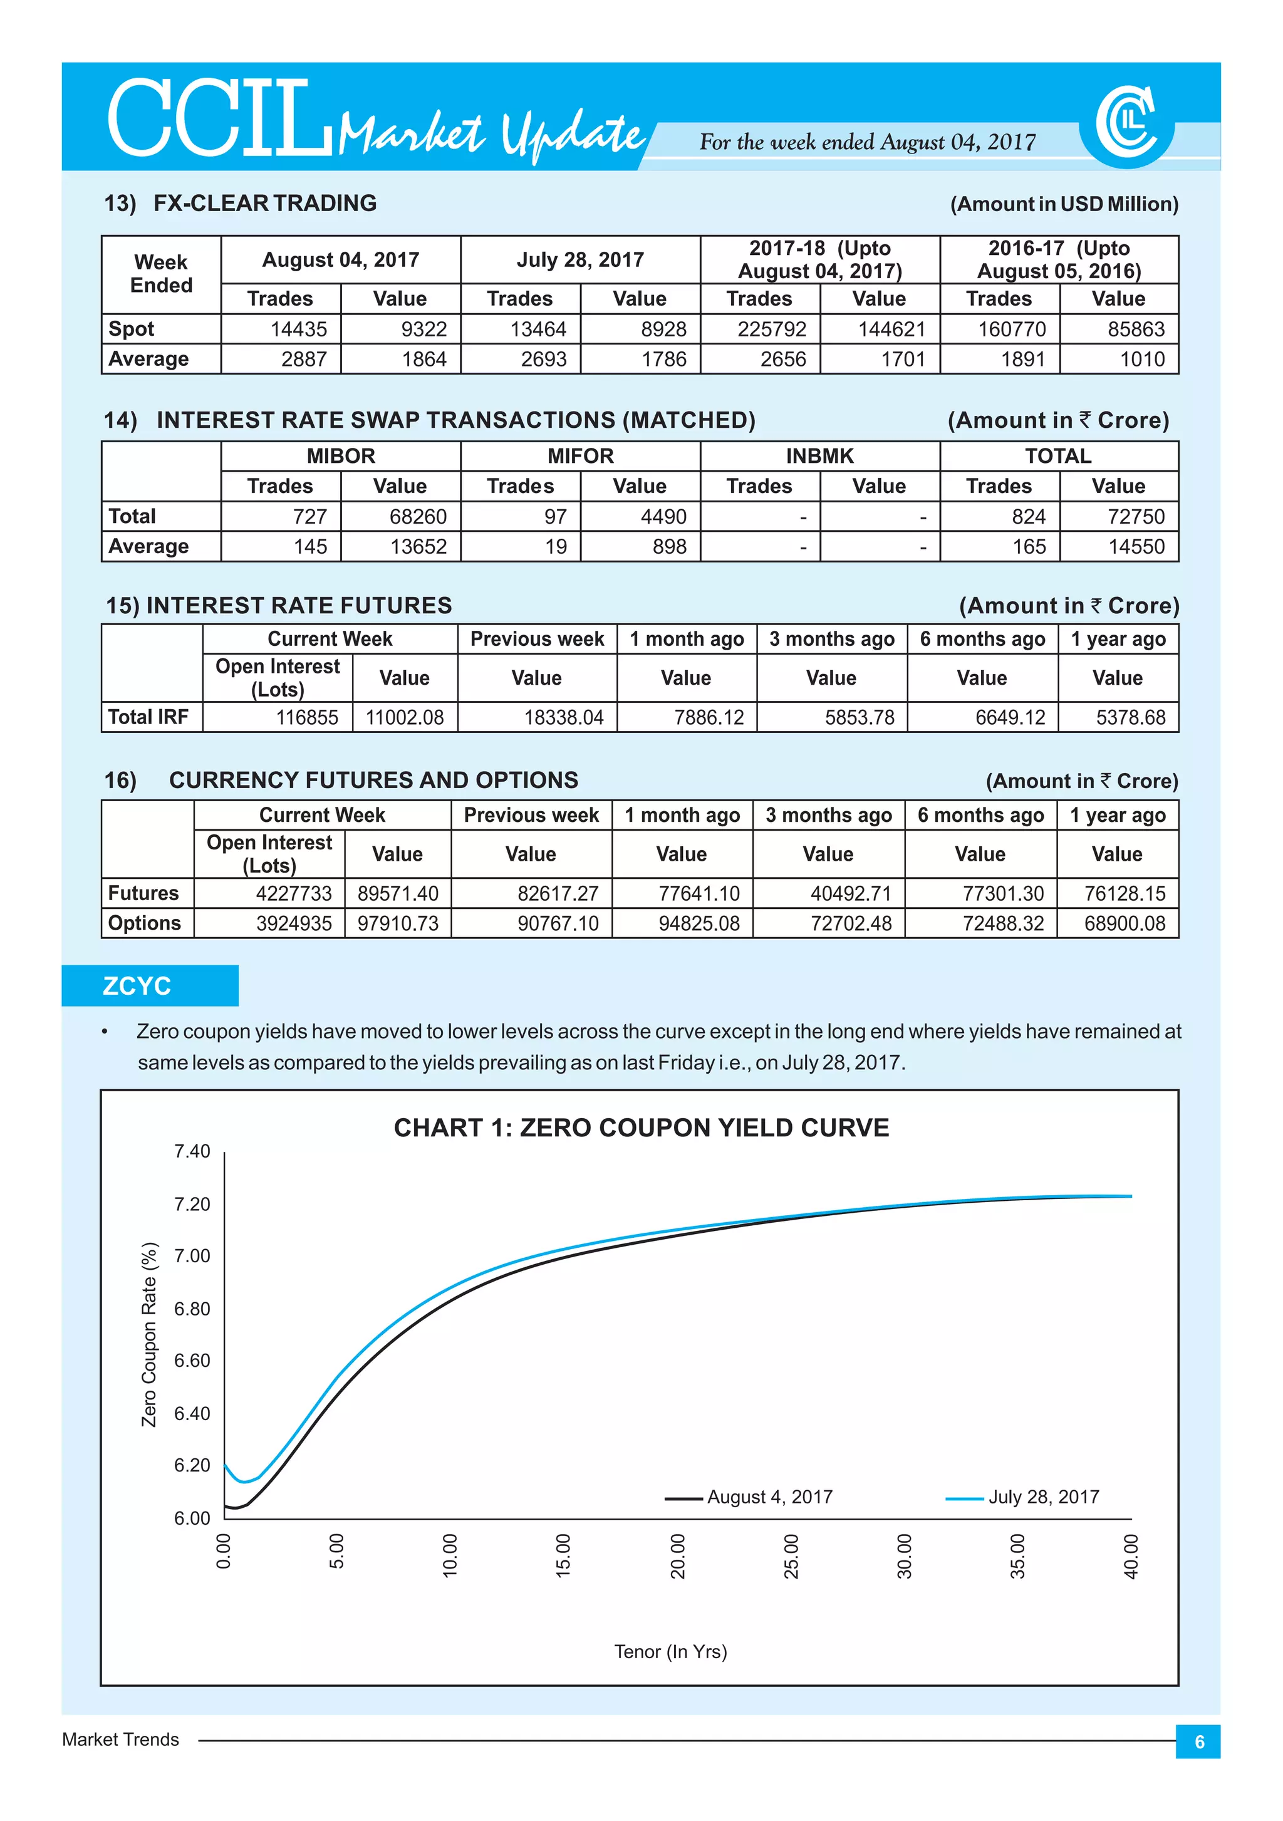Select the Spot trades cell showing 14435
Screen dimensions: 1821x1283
298,329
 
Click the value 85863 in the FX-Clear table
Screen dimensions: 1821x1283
1136,329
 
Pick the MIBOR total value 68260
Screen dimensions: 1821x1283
418,517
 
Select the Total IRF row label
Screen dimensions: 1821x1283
148,717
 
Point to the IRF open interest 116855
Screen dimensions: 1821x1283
307,718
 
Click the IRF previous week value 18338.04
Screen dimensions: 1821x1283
563,718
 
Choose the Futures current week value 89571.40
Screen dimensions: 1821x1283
397,894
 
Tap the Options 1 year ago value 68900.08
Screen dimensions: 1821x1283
1125,924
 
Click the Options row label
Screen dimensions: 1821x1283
144,924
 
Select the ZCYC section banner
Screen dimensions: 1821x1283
150,986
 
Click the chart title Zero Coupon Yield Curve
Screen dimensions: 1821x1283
641,1128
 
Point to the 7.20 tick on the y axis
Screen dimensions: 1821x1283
192,1204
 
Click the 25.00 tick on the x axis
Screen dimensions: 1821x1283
791,1556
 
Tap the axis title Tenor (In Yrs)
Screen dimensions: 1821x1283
670,1651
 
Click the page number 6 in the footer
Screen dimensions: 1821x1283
1198,1741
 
